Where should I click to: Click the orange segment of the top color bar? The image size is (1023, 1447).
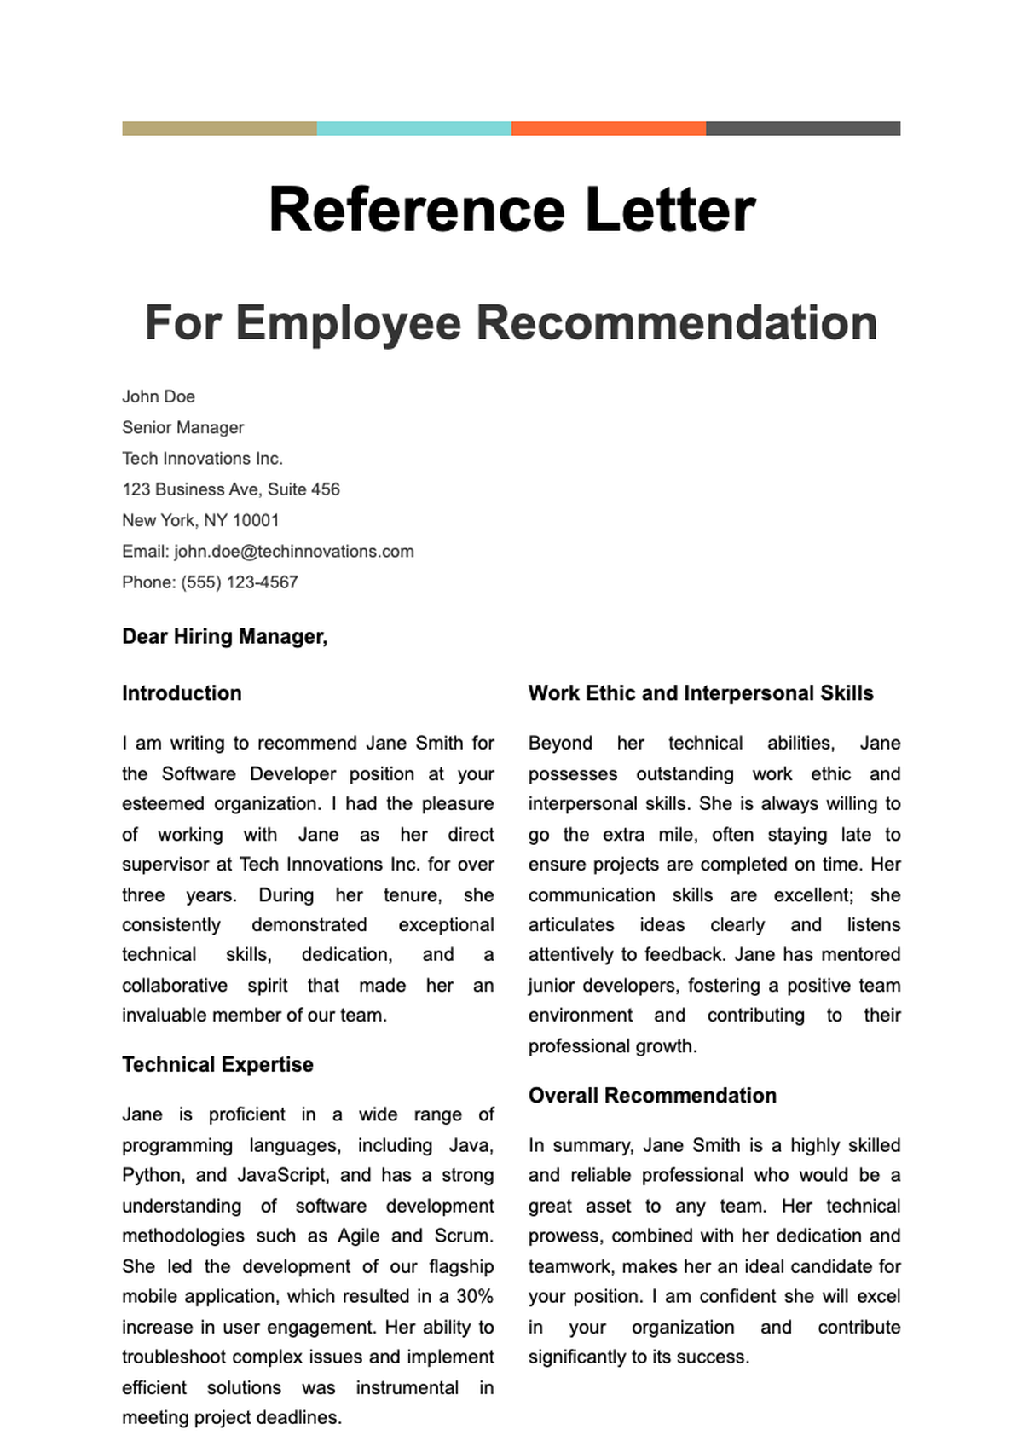coord(609,128)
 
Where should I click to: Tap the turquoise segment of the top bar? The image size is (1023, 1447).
coord(414,128)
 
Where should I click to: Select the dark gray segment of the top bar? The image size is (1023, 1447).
coord(803,128)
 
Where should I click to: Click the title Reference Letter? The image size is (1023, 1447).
coord(511,210)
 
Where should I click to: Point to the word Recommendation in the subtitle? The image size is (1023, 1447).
coord(676,323)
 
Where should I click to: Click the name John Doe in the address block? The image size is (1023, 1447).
coord(159,396)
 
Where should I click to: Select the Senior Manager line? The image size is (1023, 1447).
coord(183,427)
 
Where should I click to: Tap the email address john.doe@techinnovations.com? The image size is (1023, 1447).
coord(294,552)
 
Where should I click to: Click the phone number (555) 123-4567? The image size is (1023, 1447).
coord(240,582)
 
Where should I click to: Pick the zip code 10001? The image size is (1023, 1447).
coord(256,520)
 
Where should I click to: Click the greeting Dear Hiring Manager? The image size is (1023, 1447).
coord(225,637)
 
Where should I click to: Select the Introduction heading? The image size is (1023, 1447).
coord(182,693)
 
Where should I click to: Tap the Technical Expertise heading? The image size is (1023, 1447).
coord(217,1065)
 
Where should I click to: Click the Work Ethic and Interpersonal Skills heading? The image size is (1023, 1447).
coord(701,693)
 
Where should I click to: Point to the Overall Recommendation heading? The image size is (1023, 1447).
coord(652,1096)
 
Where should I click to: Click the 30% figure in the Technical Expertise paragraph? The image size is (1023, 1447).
coord(475,1297)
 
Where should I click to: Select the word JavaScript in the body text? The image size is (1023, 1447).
coord(282,1176)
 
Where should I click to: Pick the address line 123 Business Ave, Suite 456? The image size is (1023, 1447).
coord(231,489)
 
